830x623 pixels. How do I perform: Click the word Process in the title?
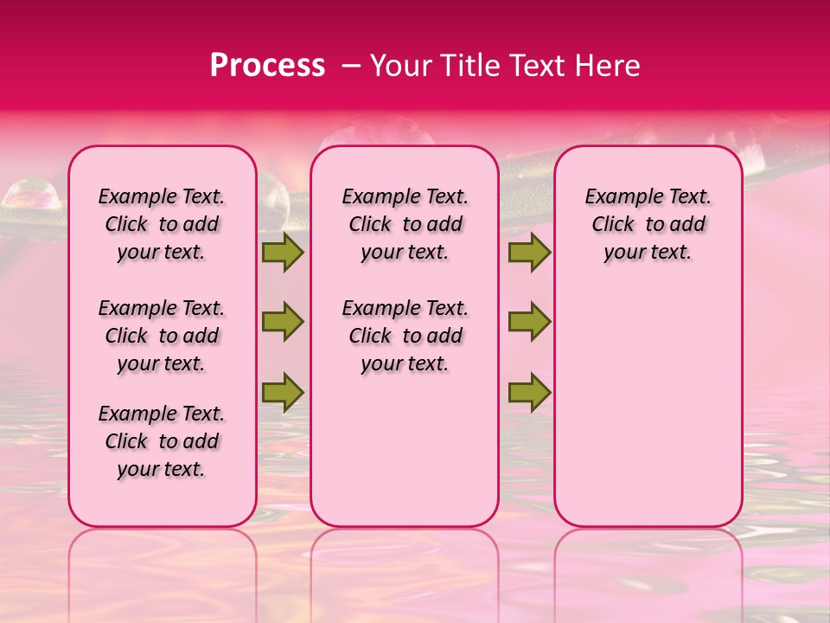[x=267, y=66]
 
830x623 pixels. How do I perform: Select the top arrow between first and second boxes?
[x=282, y=252]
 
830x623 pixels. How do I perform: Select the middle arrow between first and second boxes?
[x=282, y=322]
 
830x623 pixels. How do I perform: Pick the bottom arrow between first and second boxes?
[x=282, y=392]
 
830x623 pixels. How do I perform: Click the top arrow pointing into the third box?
[x=529, y=252]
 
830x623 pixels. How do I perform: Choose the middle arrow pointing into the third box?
[x=529, y=322]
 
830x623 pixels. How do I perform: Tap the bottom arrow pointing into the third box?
[x=529, y=392]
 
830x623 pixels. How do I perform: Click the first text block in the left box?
[x=162, y=224]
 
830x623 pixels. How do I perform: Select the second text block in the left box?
[x=162, y=336]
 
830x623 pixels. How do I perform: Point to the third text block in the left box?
[x=162, y=441]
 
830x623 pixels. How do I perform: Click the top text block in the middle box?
[x=405, y=224]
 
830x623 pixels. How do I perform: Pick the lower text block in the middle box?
[x=405, y=336]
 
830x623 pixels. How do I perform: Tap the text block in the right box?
[x=648, y=224]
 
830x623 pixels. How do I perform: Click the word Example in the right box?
[x=619, y=197]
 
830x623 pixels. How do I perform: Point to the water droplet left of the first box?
[x=32, y=196]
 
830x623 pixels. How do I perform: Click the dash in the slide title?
[x=351, y=66]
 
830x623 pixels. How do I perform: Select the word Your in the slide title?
[x=397, y=66]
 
